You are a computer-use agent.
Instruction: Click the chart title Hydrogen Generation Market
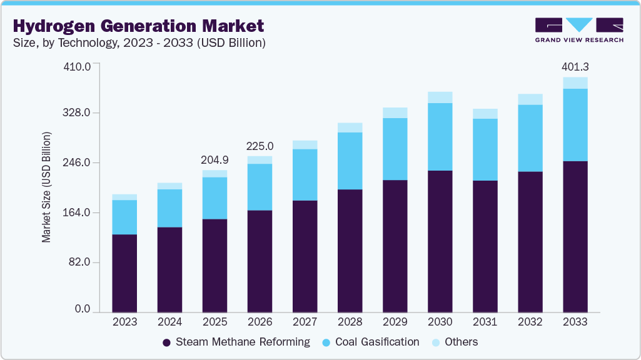(x=138, y=26)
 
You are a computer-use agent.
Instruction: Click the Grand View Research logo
(x=578, y=30)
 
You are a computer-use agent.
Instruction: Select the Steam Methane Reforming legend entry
(x=236, y=342)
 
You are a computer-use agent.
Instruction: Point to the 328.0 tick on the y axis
(x=79, y=113)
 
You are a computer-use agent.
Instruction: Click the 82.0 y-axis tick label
(x=81, y=262)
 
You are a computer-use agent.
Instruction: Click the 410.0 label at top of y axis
(x=79, y=66)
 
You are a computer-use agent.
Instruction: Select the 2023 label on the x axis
(x=124, y=322)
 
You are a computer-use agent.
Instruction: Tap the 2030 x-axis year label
(x=440, y=322)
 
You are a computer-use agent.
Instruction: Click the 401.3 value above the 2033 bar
(x=575, y=67)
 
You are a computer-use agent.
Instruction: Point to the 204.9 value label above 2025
(x=215, y=160)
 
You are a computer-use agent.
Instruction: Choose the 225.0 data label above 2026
(x=260, y=146)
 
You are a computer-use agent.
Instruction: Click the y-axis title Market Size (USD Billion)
(x=47, y=187)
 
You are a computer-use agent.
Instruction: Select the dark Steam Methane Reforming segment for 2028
(x=350, y=250)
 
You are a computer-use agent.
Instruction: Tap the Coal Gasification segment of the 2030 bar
(x=440, y=136)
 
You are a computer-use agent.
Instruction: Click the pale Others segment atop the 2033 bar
(x=575, y=82)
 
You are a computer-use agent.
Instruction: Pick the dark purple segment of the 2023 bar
(x=124, y=273)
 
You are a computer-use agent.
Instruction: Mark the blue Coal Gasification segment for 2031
(x=485, y=149)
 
